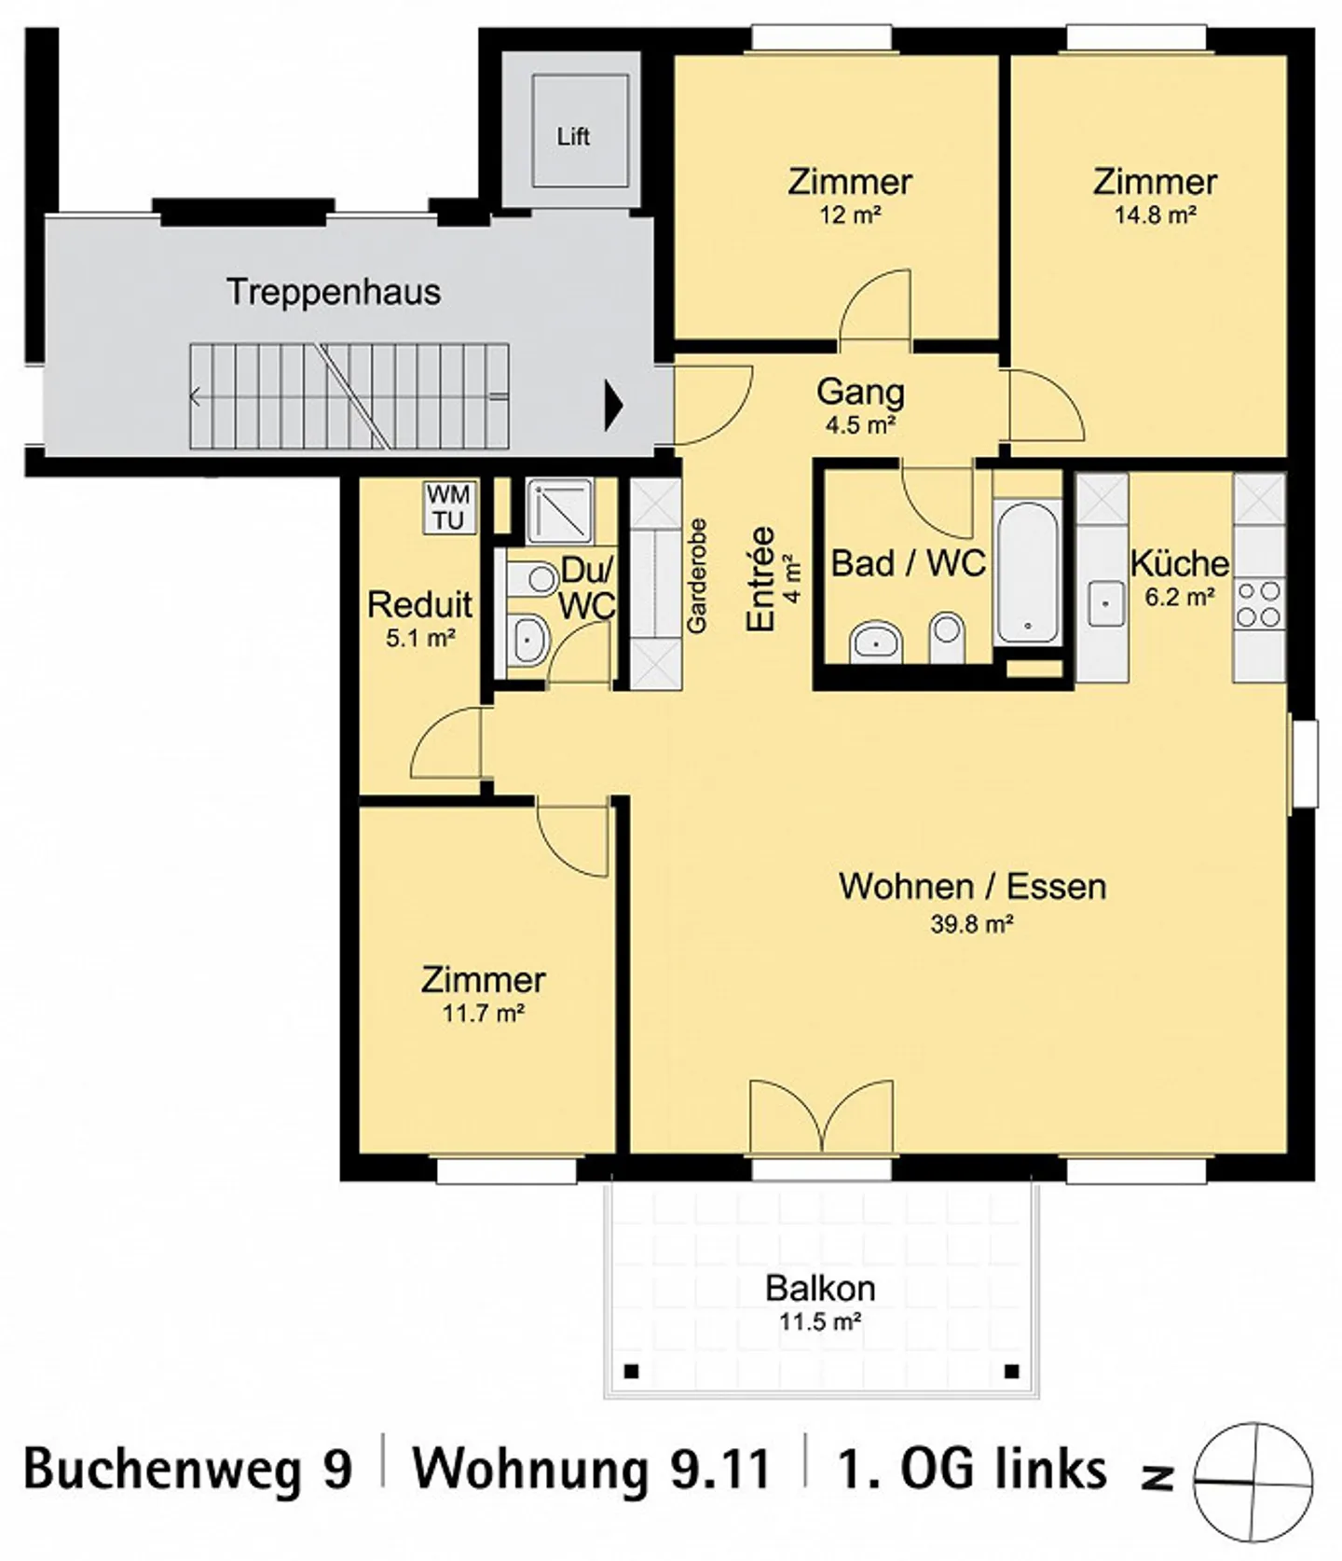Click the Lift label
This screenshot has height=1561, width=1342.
tap(572, 136)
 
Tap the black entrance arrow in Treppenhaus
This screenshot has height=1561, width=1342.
tap(613, 406)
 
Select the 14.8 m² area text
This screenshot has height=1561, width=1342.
tap(1155, 215)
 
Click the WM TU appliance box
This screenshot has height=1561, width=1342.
tap(448, 507)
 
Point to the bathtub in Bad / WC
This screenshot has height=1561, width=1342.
tap(1027, 572)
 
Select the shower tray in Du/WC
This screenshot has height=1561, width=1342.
tap(558, 511)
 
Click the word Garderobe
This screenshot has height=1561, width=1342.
tap(696, 575)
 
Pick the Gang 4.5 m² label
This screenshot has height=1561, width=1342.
tap(860, 407)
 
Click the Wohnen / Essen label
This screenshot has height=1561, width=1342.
tap(972, 886)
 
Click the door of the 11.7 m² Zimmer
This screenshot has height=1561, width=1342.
tap(573, 837)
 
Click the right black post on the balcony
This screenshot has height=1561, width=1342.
tap(1012, 1371)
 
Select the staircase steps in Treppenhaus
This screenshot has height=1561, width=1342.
tap(349, 396)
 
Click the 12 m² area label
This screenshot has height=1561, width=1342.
tap(850, 215)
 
